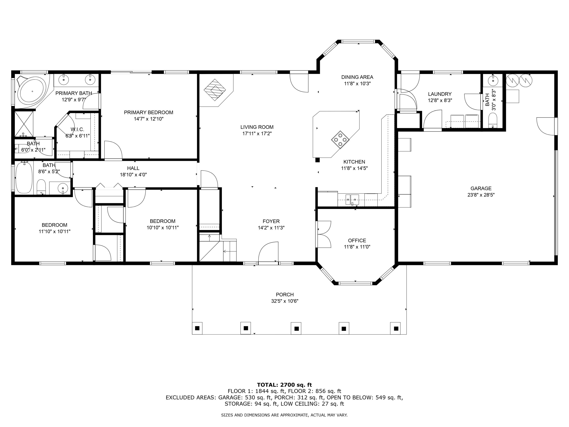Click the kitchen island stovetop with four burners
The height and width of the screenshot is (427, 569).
[340, 140]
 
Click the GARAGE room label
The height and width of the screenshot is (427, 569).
[481, 188]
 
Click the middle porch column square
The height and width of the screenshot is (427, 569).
[296, 329]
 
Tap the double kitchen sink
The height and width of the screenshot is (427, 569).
[352, 199]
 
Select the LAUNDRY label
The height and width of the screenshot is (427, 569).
[440, 94]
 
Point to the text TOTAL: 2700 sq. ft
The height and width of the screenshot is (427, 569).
[284, 385]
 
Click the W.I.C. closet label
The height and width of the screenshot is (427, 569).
[77, 129]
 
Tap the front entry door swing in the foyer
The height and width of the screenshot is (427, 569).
[268, 252]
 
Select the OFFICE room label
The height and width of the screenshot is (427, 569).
[357, 241]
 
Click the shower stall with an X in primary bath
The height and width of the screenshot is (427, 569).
[24, 124]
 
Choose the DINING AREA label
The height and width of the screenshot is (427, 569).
[357, 77]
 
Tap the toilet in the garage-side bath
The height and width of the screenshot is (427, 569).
[492, 121]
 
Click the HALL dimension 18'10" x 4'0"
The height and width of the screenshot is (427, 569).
[133, 175]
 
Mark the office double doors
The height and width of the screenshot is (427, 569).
[324, 234]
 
